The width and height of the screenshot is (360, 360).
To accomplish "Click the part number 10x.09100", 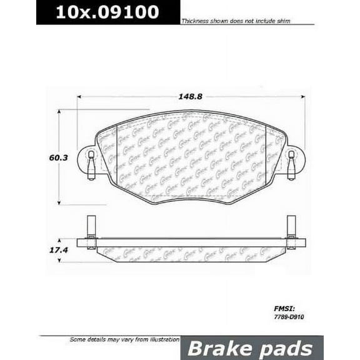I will tap(107, 12).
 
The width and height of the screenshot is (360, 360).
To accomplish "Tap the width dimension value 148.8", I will tap(191, 97).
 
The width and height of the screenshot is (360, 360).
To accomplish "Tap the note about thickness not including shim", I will tap(244, 21).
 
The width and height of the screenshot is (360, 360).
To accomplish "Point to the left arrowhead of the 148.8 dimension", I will tap(79, 97).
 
